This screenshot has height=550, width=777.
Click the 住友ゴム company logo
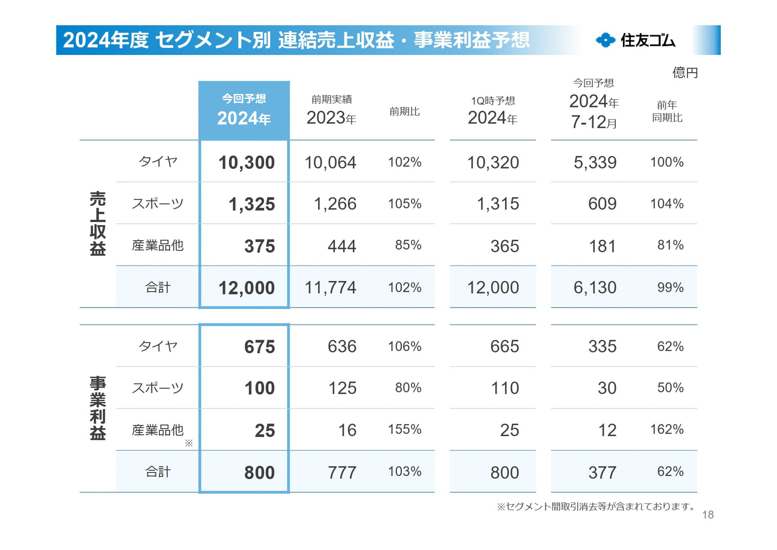(635, 40)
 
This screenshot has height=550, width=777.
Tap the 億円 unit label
(685, 73)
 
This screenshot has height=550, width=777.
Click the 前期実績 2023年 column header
(331, 111)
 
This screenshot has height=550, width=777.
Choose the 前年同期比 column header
(667, 111)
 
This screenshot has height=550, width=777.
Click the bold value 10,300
(246, 162)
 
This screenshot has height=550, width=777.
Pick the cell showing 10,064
(330, 162)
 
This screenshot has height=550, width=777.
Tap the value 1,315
(498, 204)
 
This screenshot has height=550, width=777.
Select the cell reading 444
(342, 246)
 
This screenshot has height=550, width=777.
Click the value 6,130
(595, 288)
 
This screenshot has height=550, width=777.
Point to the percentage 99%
(670, 288)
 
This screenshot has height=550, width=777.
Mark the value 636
(342, 347)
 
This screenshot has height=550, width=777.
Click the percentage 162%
(667, 429)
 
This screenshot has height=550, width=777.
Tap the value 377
(602, 473)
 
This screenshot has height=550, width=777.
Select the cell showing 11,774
(330, 288)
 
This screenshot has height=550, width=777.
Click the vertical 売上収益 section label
(98, 224)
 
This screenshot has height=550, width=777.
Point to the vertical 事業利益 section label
(98, 408)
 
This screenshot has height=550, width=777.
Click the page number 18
(708, 515)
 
